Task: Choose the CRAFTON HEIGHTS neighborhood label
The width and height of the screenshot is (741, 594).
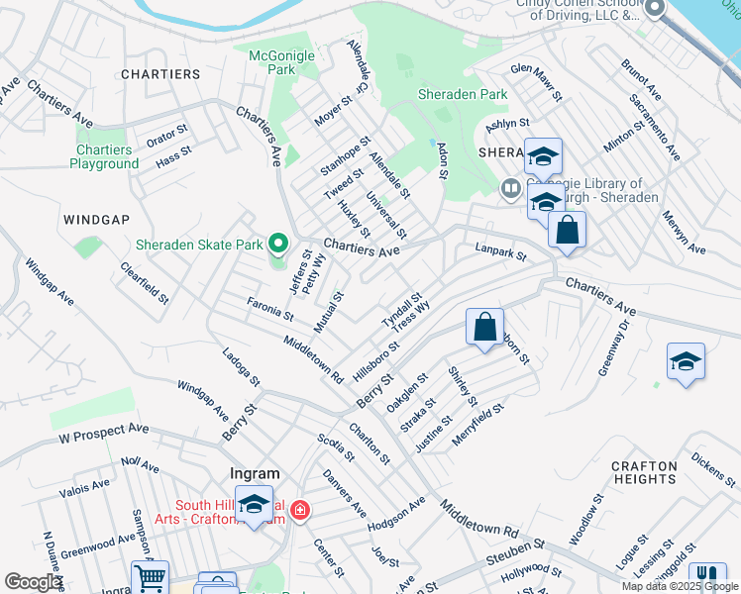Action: [x=644, y=472]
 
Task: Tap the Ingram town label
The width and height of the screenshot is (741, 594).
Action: [x=255, y=474]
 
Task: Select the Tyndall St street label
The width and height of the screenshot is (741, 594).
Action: [x=402, y=310]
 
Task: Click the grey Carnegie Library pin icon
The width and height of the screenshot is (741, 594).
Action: [x=511, y=188]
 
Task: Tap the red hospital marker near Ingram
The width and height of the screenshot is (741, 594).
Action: [x=300, y=511]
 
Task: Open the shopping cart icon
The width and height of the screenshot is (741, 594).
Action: [x=150, y=578]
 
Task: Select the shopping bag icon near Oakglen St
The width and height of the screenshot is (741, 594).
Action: [x=485, y=327]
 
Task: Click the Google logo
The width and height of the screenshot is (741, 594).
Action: [x=34, y=582]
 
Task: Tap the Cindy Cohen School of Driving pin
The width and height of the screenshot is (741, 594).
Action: [x=654, y=10]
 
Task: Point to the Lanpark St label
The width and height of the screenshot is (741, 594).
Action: [x=500, y=253]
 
